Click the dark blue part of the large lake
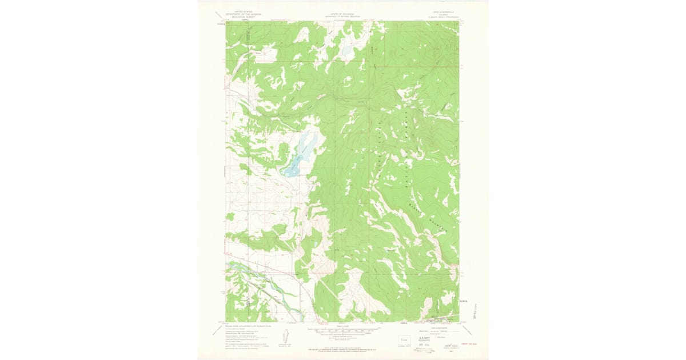coord(292,169)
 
